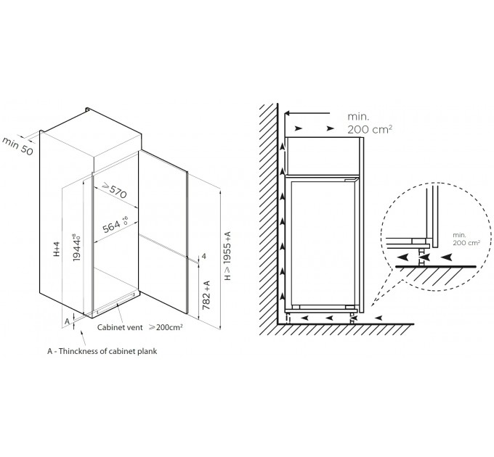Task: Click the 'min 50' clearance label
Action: pyautogui.click(x=17, y=147)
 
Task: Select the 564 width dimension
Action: pyautogui.click(x=115, y=225)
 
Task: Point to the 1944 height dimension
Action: pyautogui.click(x=76, y=247)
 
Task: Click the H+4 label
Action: pyautogui.click(x=57, y=249)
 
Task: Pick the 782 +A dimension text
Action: pyautogui.click(x=206, y=295)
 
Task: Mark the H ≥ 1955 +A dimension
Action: pyautogui.click(x=227, y=256)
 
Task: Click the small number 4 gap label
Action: pyautogui.click(x=204, y=256)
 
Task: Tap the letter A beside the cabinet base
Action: pyautogui.click(x=67, y=321)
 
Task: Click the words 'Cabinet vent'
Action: pyautogui.click(x=120, y=327)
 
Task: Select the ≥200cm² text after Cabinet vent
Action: pyautogui.click(x=166, y=327)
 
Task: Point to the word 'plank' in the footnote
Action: pyautogui.click(x=147, y=351)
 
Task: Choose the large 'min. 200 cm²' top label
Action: pyautogui.click(x=370, y=123)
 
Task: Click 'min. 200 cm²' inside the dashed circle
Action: pyautogui.click(x=466, y=239)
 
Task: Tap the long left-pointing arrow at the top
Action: pyautogui.click(x=307, y=113)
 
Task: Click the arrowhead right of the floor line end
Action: pyautogui.click(x=378, y=318)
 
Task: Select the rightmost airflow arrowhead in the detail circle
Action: pyautogui.click(x=447, y=258)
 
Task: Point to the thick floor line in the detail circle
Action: pyautogui.click(x=436, y=267)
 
